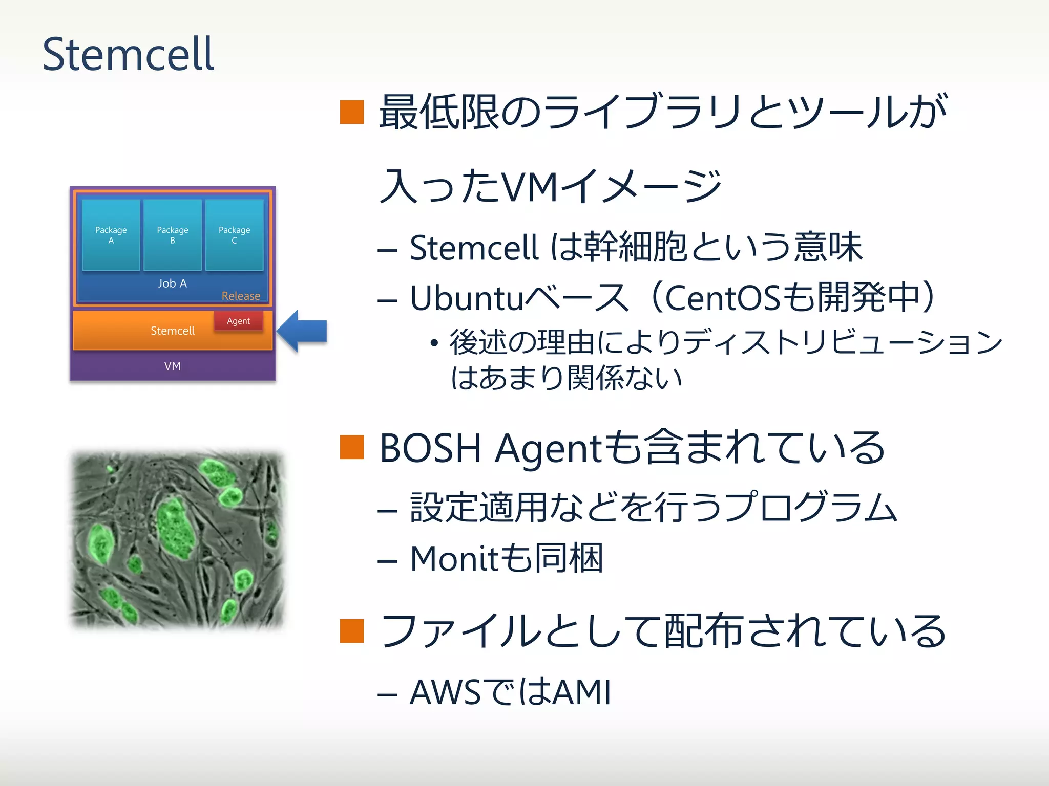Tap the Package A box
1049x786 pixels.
click(111, 235)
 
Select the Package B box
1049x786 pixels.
click(173, 235)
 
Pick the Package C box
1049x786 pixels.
click(234, 235)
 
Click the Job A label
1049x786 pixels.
click(172, 283)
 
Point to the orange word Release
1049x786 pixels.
click(241, 296)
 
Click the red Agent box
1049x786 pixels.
click(238, 321)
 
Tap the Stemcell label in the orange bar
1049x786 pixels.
click(172, 331)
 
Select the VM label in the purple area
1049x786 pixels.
click(172, 366)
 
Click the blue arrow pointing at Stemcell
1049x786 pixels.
click(303, 331)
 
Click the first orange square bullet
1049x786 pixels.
click(352, 113)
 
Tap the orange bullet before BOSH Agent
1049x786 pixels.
click(352, 447)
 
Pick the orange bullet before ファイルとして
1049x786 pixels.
click(352, 630)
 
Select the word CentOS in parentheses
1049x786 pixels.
click(722, 298)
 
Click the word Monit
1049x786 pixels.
click(454, 558)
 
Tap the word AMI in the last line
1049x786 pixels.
click(582, 693)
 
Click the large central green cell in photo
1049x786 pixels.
click(174, 527)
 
